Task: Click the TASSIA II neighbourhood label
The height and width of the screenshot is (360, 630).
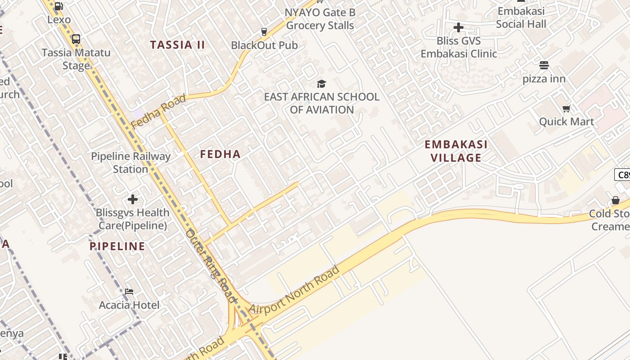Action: (177, 45)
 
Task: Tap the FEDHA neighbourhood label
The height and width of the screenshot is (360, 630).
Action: (220, 154)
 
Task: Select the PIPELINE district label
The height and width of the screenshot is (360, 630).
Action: (117, 246)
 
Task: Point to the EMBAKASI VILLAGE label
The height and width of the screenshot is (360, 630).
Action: (456, 151)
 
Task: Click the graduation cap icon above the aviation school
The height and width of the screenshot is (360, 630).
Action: (321, 84)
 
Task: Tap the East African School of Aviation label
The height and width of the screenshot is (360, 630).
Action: (321, 103)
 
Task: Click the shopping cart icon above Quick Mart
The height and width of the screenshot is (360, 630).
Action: (567, 108)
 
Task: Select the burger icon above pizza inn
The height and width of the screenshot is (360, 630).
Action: (544, 65)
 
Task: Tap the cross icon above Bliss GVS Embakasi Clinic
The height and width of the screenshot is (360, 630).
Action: (459, 28)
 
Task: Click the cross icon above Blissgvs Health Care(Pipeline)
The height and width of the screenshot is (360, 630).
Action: (133, 199)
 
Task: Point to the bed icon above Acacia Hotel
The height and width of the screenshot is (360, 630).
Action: (129, 292)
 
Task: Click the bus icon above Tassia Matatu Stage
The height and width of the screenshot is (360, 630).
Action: (76, 39)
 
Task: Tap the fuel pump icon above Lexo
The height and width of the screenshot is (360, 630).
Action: (59, 6)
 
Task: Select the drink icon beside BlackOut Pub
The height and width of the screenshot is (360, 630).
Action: (264, 31)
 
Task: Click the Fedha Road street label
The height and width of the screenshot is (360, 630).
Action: (158, 111)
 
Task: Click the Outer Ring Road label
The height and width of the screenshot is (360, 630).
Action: (211, 265)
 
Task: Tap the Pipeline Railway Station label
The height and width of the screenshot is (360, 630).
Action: (130, 162)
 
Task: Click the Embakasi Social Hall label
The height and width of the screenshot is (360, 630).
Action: (521, 18)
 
